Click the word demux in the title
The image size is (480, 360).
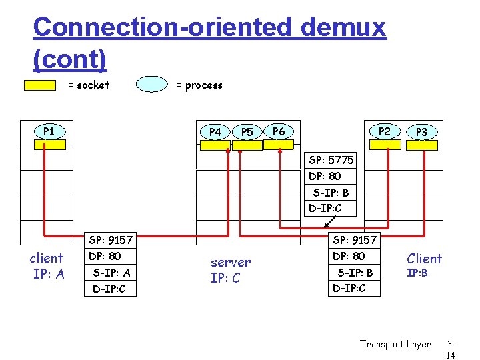tap(343, 28)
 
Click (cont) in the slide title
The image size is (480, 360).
tap(69, 59)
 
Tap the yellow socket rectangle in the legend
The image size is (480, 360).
tap(40, 85)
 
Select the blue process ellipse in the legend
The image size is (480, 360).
tap(152, 85)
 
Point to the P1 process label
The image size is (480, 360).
tap(49, 131)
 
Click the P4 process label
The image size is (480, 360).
tap(215, 132)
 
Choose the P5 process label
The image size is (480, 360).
tap(247, 132)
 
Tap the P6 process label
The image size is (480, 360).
tap(279, 131)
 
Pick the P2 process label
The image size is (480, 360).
tap(385, 131)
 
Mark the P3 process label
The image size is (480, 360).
tap(421, 132)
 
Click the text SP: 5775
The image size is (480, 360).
tap(331, 160)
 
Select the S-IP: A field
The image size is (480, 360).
tap(111, 272)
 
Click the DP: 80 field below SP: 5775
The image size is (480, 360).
tap(325, 176)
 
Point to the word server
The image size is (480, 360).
tap(231, 263)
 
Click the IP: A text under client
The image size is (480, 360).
tap(48, 273)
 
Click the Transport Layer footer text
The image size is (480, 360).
tap(395, 344)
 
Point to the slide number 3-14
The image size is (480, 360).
tap(452, 350)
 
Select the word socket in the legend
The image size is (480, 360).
tap(93, 85)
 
